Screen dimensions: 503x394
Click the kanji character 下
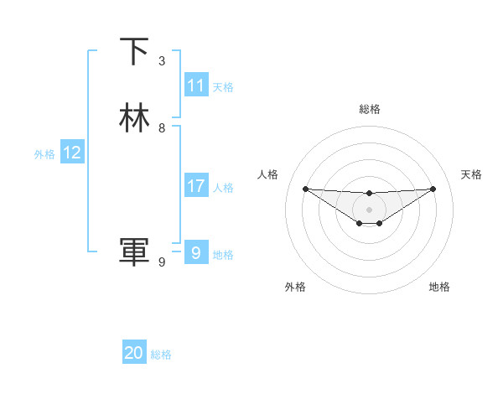click(x=134, y=51)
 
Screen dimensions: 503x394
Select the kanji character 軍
click(x=134, y=252)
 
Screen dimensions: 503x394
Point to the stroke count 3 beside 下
click(x=162, y=61)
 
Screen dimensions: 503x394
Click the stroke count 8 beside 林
click(x=162, y=128)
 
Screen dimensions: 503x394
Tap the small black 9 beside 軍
click(x=162, y=262)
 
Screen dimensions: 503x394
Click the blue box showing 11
click(x=196, y=86)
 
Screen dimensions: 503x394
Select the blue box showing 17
click(x=196, y=187)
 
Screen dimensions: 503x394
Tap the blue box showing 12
click(x=72, y=153)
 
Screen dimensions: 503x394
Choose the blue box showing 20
click(x=134, y=354)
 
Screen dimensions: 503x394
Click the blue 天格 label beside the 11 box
click(x=223, y=87)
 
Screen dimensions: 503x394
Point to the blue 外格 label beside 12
click(x=44, y=154)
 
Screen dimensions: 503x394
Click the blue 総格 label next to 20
click(x=161, y=355)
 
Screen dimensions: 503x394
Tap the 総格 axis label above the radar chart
click(x=369, y=109)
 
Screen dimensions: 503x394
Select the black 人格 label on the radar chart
click(x=268, y=174)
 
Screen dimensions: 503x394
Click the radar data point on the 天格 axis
click(x=433, y=189)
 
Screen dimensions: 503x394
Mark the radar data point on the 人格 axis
click(x=305, y=189)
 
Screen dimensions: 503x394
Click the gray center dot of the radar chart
click(x=369, y=210)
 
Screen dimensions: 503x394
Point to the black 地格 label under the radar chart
click(x=439, y=287)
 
